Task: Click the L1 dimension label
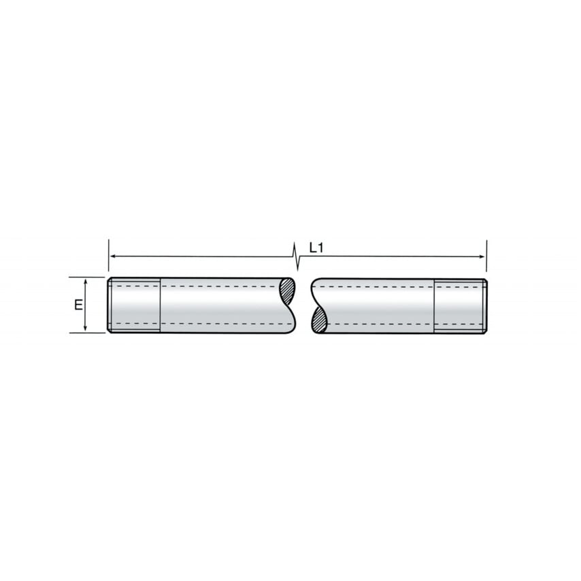pos(316,248)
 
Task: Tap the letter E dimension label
pos(78,304)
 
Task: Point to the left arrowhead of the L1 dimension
pos(112,256)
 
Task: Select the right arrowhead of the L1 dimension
pos(482,256)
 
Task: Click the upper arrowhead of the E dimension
pos(85,281)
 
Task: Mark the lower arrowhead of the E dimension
pos(85,329)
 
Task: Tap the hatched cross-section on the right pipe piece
pos(318,320)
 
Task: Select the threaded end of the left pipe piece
pos(134,305)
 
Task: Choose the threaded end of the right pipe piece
pos(461,305)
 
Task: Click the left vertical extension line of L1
pos(108,248)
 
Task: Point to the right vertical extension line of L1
pos(486,248)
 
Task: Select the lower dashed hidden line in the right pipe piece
pos(381,324)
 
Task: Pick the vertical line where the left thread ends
pos(161,305)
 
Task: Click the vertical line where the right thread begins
pos(434,305)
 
